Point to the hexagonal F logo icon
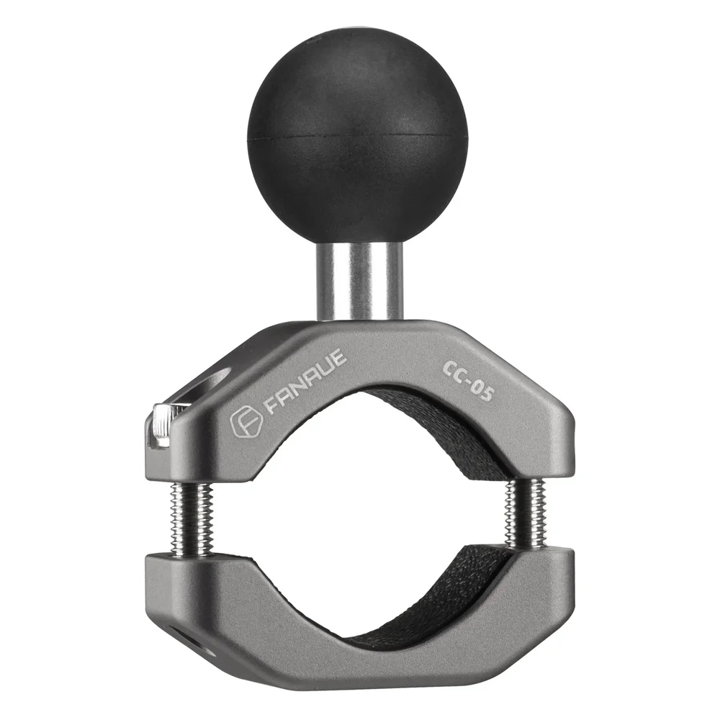click(242, 423)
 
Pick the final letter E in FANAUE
click(338, 359)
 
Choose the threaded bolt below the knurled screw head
click(191, 518)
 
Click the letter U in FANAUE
click(324, 370)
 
